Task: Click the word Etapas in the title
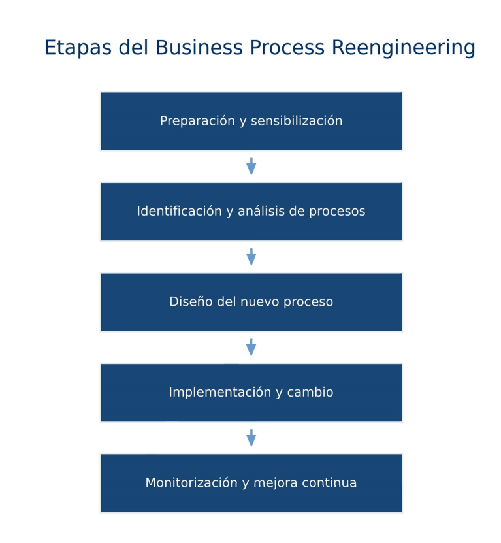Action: click(x=78, y=48)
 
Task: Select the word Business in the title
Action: click(x=199, y=47)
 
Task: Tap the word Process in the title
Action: click(x=287, y=47)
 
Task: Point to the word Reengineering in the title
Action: click(x=404, y=48)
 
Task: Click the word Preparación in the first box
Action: click(x=197, y=121)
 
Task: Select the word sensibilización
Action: click(x=297, y=120)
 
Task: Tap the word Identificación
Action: click(x=180, y=211)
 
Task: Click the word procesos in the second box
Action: click(x=337, y=212)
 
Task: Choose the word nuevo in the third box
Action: click(x=260, y=302)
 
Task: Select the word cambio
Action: click(x=310, y=392)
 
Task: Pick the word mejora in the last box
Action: click(x=275, y=483)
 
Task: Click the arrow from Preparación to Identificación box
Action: click(x=251, y=167)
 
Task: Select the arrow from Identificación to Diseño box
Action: click(x=251, y=257)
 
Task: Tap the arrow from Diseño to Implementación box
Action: click(x=251, y=348)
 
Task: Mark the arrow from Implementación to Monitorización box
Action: click(x=251, y=438)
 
